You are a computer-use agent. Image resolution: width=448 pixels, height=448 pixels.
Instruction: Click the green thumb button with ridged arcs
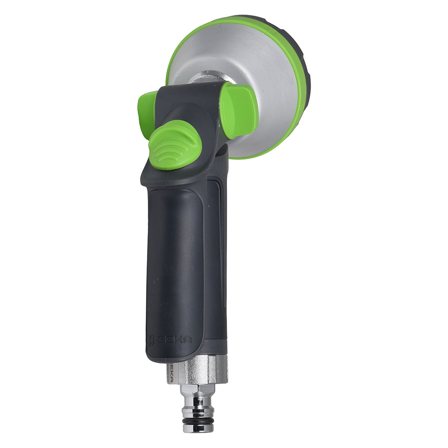(x=175, y=145)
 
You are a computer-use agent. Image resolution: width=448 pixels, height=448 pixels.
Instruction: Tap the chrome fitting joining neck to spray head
(x=206, y=79)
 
